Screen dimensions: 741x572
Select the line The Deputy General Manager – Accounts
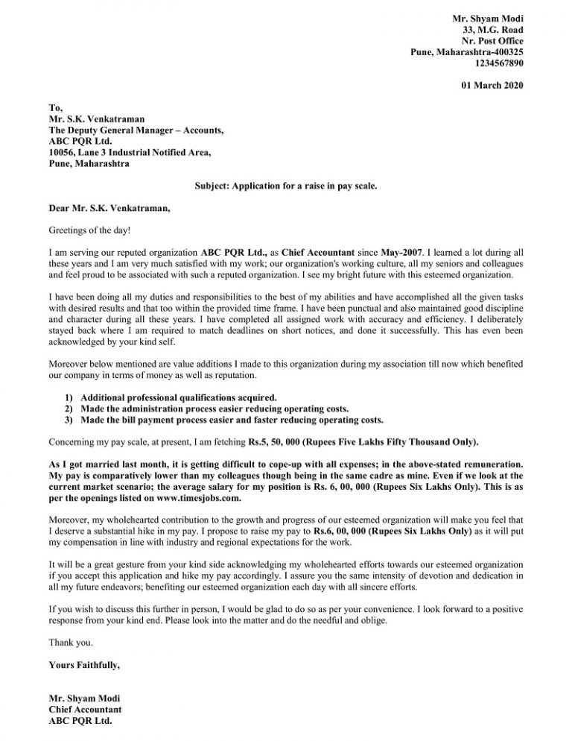136,130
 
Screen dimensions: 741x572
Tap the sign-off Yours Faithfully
83,663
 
